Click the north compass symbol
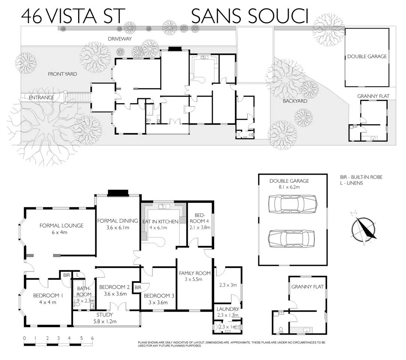(x=364, y=229)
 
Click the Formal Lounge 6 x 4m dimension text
(x=62, y=232)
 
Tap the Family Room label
(x=194, y=273)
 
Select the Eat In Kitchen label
(x=160, y=222)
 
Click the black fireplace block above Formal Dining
(x=118, y=193)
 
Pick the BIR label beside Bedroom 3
(x=138, y=287)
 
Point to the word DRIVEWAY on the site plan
(x=120, y=39)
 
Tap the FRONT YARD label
(x=62, y=74)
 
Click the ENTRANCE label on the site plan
(x=42, y=97)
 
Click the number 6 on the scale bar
(x=92, y=338)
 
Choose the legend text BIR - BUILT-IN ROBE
(x=361, y=177)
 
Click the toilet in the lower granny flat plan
(x=281, y=330)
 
